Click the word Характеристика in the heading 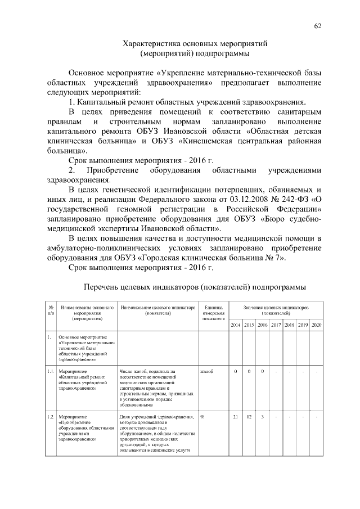(x=151, y=43)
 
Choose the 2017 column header (x=276, y=326)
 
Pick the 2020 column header (x=316, y=326)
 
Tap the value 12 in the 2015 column (x=249, y=416)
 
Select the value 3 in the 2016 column (x=262, y=416)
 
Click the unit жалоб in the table (x=206, y=371)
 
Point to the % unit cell (x=202, y=416)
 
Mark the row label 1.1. (x=51, y=371)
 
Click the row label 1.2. (x=51, y=416)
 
